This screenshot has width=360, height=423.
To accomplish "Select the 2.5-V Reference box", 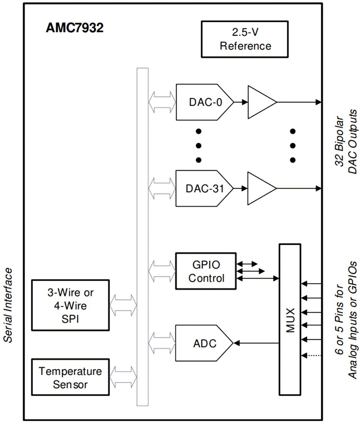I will click(x=245, y=39).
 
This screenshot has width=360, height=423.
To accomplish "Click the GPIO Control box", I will click(x=206, y=271).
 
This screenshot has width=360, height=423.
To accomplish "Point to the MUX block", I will click(x=290, y=319).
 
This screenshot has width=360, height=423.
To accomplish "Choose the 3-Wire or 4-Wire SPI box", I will click(x=70, y=305).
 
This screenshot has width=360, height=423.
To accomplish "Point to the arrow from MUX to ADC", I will click(x=257, y=343).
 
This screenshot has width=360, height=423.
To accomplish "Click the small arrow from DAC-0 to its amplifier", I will click(x=241, y=103).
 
